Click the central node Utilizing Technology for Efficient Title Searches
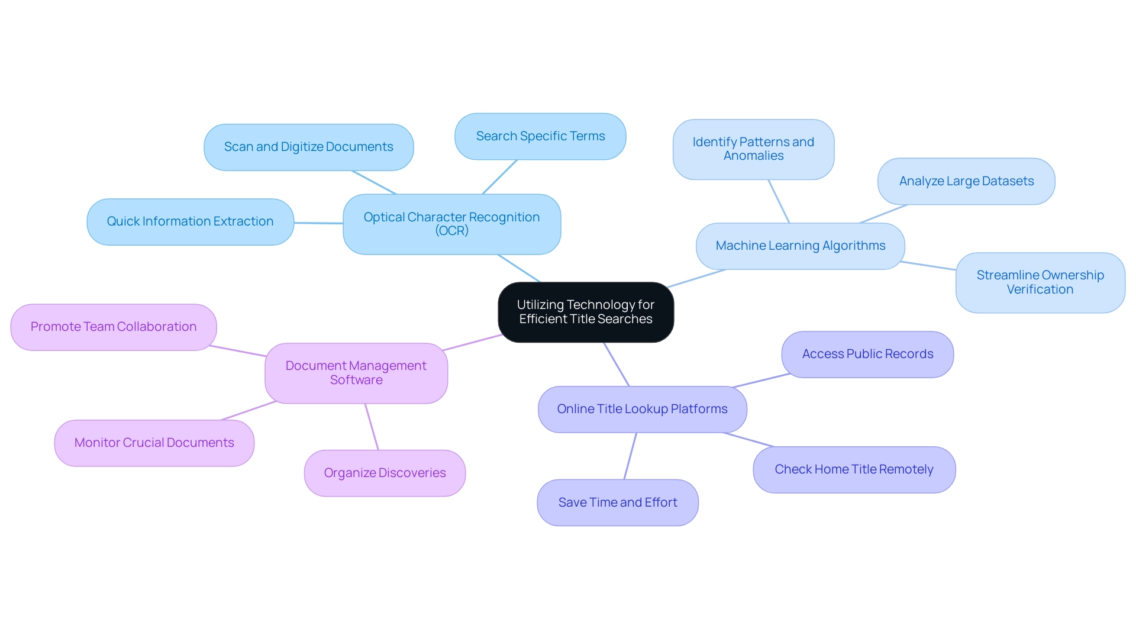click(586, 312)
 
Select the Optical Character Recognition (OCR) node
click(451, 224)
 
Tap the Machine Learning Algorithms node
click(800, 246)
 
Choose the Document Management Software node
click(356, 373)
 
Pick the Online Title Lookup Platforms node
click(642, 409)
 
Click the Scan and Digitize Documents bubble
click(308, 147)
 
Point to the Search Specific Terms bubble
click(540, 136)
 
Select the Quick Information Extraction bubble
click(190, 221)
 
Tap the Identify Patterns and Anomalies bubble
click(753, 149)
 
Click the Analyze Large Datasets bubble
click(966, 181)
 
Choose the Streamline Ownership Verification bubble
click(1040, 282)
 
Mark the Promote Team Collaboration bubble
click(114, 327)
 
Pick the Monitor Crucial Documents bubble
click(154, 443)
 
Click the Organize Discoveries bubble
click(385, 473)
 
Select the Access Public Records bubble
click(867, 354)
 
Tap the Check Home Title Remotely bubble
click(854, 469)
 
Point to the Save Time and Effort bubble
click(618, 503)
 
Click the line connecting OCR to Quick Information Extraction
click(318, 223)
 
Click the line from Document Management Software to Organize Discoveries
click(372, 427)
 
